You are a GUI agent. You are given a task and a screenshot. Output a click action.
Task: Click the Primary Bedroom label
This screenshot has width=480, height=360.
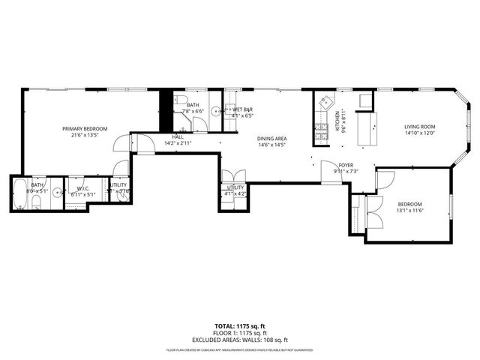tap(84, 129)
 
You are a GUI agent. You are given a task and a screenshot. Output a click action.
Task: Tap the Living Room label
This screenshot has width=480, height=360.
tap(421, 127)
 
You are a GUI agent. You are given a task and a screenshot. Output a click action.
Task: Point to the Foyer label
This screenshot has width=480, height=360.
tap(346, 165)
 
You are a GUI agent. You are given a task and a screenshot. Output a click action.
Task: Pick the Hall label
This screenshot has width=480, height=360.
tap(178, 137)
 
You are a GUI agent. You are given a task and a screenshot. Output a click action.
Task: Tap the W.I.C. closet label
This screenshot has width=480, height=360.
tap(82, 187)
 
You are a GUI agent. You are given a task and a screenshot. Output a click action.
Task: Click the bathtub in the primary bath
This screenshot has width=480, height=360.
tap(19, 194)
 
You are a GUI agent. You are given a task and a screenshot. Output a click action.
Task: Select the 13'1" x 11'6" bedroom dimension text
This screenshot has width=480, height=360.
tap(409, 211)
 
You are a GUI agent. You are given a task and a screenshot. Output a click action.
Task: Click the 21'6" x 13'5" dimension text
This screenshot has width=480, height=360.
tap(84, 135)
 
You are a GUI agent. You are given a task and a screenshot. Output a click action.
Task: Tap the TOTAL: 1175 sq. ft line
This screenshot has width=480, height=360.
tap(239, 326)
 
